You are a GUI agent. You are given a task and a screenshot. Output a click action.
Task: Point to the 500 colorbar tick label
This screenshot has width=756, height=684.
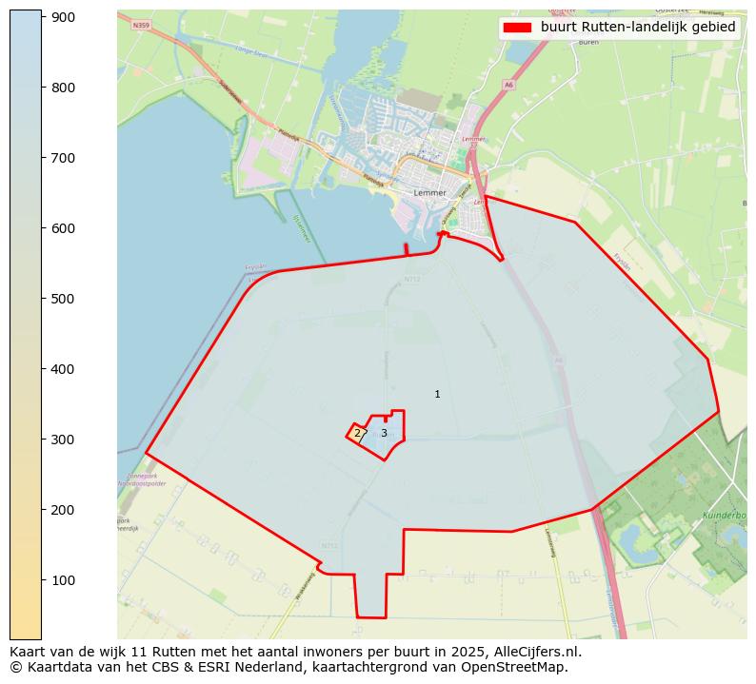point(64,299)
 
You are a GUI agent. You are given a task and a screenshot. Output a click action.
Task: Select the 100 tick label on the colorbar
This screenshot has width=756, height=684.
point(64,580)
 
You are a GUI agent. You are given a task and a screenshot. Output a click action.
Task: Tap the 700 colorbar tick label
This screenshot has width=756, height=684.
point(64,158)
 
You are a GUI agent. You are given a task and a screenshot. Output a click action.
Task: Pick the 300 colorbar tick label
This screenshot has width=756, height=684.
point(64,440)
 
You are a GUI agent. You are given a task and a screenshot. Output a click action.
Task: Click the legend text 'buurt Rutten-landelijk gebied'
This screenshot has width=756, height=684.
point(638,28)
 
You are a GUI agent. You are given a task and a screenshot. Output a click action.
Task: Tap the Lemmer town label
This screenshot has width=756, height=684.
point(430,192)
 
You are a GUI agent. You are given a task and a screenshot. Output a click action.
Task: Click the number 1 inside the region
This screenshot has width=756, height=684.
point(437,394)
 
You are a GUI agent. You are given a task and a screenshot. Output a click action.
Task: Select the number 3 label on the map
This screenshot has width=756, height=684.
point(384,433)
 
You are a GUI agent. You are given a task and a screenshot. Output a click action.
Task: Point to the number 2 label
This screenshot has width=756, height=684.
point(357,433)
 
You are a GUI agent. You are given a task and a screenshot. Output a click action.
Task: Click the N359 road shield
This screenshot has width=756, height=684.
point(142,25)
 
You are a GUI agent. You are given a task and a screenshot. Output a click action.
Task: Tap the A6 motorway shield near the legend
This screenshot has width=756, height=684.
point(509,85)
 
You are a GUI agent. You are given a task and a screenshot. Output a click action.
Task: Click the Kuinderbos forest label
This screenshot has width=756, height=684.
point(723,515)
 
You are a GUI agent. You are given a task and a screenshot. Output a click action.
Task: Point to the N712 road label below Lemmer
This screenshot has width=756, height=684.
point(411,280)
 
